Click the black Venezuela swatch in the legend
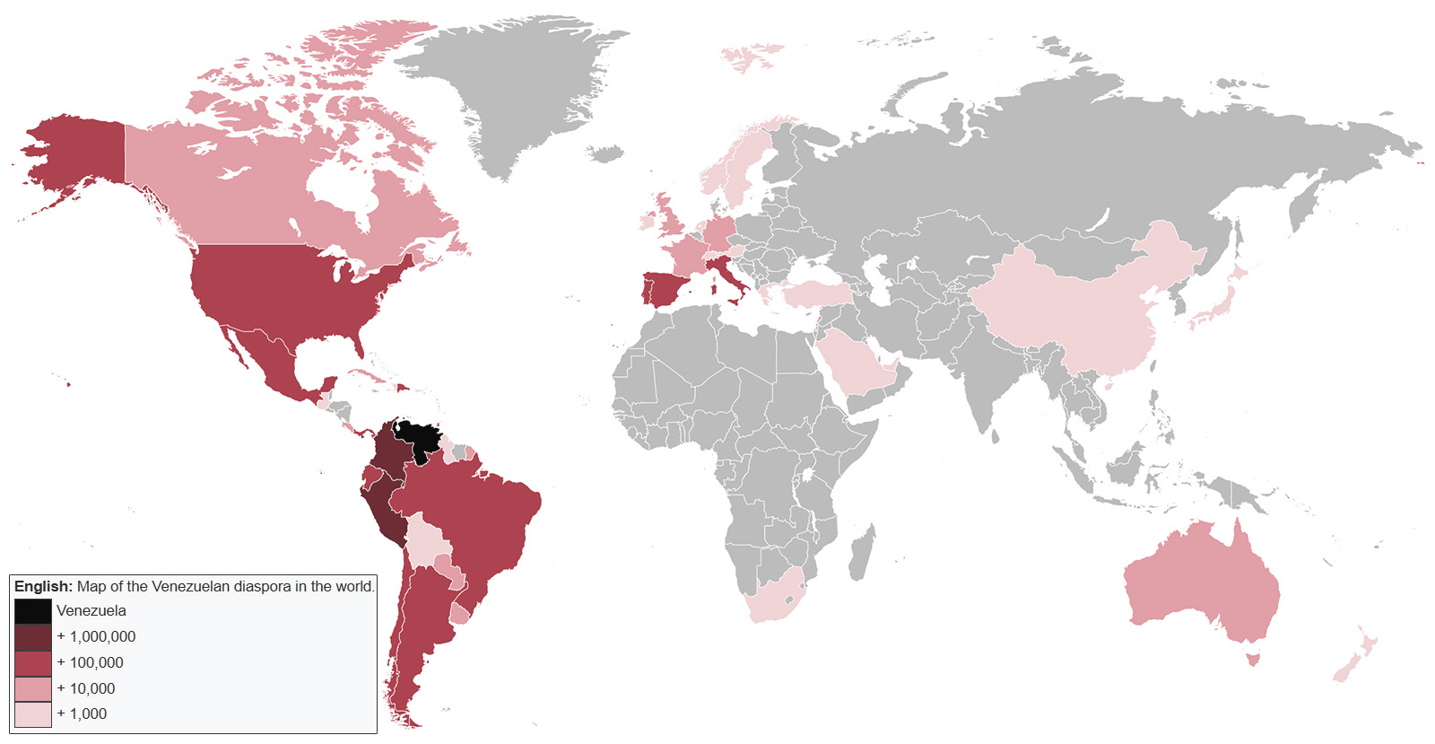[x=32, y=611]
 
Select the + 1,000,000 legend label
[x=96, y=636]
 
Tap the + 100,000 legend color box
[x=32, y=663]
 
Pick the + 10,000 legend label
[x=86, y=688]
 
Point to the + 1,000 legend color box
[x=32, y=714]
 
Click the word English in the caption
[x=42, y=586]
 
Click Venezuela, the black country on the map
[x=419, y=438]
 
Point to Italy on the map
[x=732, y=277]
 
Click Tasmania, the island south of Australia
[x=1255, y=661]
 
